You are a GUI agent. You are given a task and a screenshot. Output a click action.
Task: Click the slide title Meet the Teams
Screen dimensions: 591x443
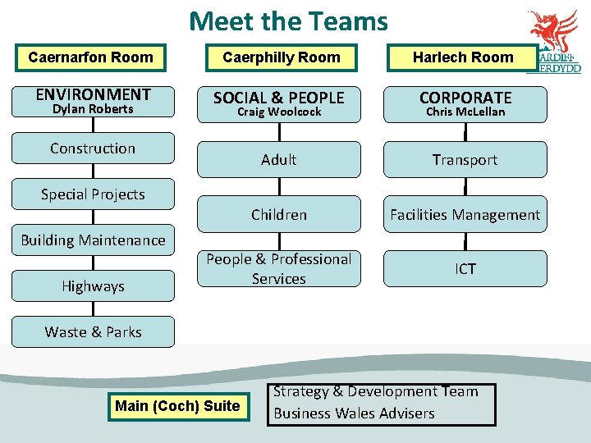288,21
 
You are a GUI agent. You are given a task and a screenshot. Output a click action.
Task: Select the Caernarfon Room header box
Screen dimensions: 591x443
90,57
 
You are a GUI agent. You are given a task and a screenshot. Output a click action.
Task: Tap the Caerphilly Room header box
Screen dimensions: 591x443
281,57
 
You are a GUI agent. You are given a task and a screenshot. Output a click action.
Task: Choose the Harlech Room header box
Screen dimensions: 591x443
463,57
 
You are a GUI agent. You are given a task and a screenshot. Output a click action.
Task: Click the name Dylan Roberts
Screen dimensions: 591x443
93,109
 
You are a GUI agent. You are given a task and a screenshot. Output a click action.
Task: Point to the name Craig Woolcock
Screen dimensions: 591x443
279,112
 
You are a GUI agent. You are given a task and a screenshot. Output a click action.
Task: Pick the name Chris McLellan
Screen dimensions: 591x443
465,112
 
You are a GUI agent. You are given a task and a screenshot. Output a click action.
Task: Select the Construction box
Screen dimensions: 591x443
93,148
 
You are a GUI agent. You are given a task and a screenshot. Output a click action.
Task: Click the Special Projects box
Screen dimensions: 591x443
93,194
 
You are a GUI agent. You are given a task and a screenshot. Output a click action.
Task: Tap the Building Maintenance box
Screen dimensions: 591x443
93,240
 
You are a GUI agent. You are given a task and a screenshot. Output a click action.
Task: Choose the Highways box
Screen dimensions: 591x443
93,286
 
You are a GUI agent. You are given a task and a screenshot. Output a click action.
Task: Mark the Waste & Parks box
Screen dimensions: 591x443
93,332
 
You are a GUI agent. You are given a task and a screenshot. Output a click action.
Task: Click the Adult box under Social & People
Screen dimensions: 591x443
279,160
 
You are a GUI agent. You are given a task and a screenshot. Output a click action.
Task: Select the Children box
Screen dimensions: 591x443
279,215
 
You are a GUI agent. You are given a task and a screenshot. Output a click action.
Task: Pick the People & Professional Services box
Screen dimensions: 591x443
279,269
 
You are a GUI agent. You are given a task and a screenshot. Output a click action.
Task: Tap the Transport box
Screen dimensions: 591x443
465,160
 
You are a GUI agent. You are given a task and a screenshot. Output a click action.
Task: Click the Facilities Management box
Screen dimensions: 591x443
465,215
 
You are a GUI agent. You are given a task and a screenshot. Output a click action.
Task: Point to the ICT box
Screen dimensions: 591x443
465,269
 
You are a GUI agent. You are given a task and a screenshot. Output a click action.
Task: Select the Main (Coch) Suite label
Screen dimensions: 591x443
177,406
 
